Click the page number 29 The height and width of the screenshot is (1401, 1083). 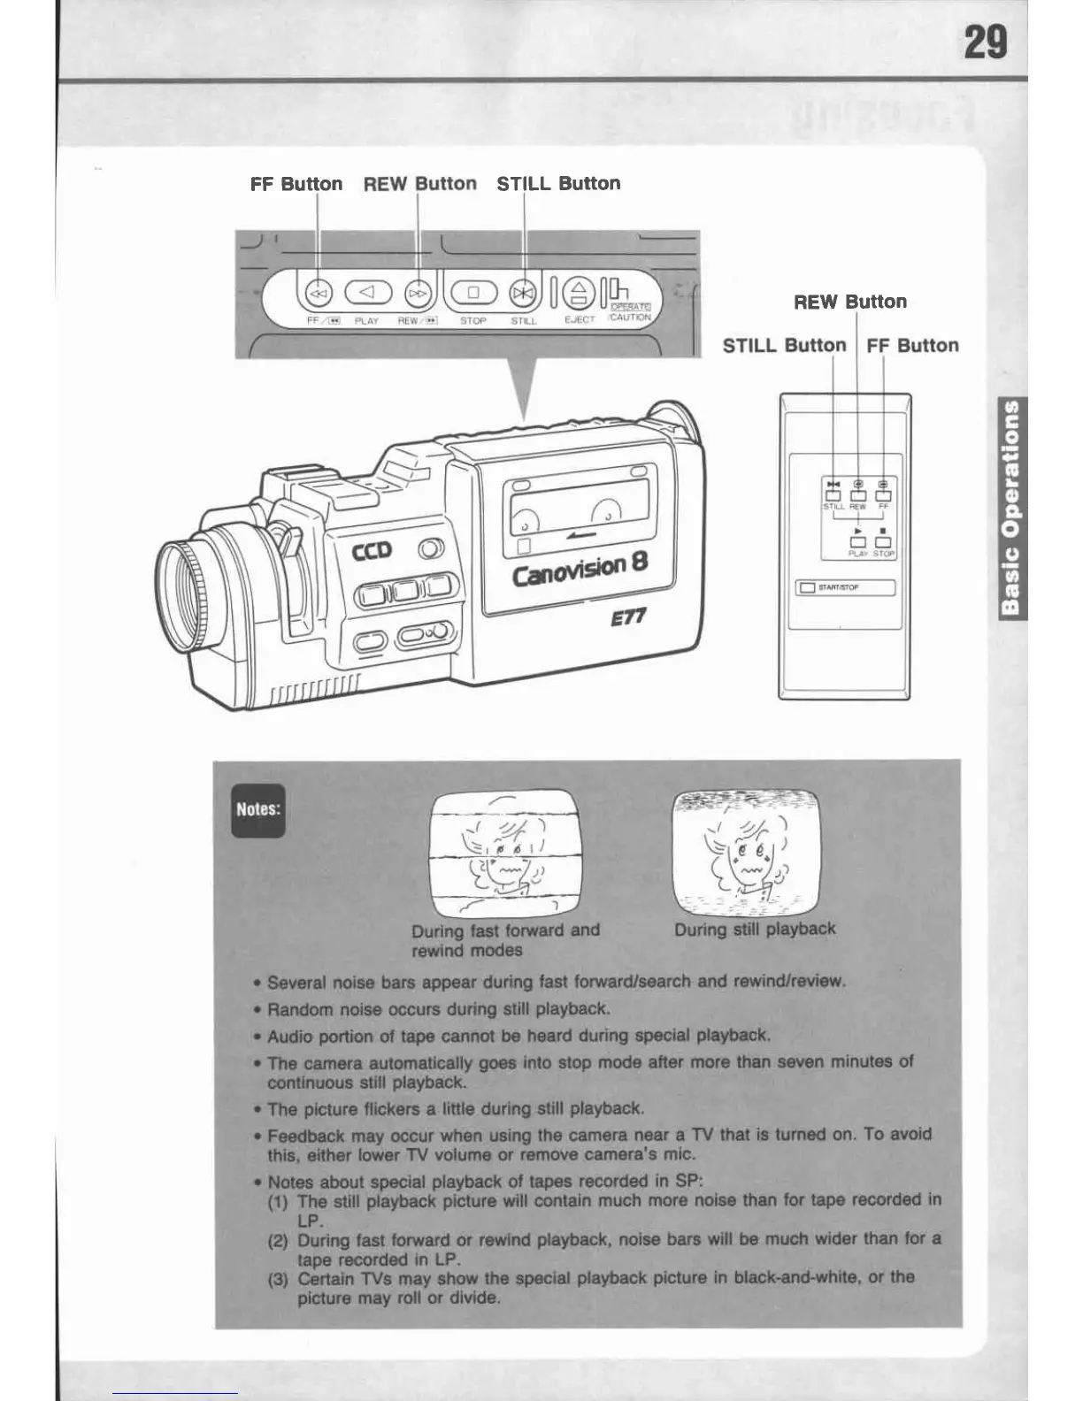coord(985,42)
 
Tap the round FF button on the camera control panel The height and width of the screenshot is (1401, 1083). coord(318,292)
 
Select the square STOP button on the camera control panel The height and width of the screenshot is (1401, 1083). coord(472,292)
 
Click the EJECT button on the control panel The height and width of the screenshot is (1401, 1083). coord(579,292)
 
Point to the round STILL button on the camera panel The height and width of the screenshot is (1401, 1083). coord(524,292)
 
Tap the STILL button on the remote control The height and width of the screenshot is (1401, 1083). coord(833,495)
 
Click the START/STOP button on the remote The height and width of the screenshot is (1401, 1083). coord(807,587)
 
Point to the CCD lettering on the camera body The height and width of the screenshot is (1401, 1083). coord(372,551)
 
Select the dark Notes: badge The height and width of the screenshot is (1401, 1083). coord(258,809)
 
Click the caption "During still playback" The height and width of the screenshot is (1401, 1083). coord(755,930)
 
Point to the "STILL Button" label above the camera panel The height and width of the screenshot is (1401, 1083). coord(558,184)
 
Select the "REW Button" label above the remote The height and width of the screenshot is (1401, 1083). coord(850,302)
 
